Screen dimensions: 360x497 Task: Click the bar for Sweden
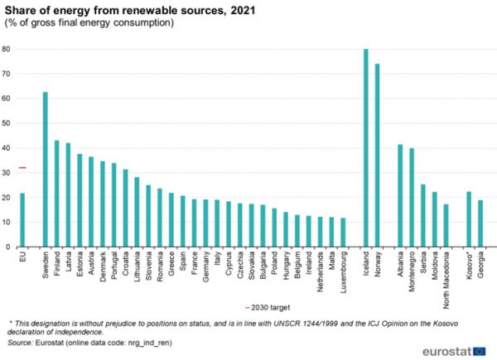(x=46, y=170)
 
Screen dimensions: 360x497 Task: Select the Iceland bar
(x=365, y=148)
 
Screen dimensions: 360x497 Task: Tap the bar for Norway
(x=377, y=156)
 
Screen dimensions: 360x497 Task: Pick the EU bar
(x=22, y=220)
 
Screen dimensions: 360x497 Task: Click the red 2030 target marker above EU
(x=22, y=168)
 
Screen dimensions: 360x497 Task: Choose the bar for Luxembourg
(x=342, y=233)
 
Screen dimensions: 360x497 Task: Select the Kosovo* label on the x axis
(x=469, y=266)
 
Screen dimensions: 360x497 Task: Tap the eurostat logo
(x=451, y=350)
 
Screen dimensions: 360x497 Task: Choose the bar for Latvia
(x=69, y=195)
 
